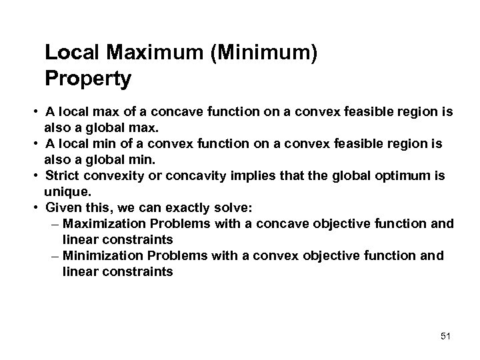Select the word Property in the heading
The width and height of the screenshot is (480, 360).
(x=88, y=79)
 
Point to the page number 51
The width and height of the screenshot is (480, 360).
(x=445, y=336)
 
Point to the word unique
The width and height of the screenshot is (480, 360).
(x=65, y=191)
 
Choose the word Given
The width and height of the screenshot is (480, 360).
(x=61, y=207)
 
